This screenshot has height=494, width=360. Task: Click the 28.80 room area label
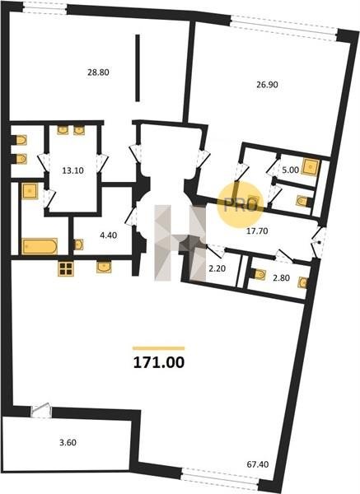click(98, 72)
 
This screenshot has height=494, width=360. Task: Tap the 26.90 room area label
click(267, 85)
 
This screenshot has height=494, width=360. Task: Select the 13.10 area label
click(72, 170)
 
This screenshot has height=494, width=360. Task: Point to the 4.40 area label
click(109, 235)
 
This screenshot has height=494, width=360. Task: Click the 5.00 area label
click(290, 170)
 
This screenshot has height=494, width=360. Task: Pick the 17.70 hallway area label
click(257, 231)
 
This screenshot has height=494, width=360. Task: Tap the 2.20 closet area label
click(217, 268)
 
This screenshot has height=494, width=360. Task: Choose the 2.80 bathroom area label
click(281, 278)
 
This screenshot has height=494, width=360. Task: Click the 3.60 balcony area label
click(68, 442)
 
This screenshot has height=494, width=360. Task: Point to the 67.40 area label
click(258, 464)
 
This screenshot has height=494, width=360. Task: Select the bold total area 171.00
click(159, 362)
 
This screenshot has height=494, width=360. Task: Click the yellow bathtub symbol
click(40, 246)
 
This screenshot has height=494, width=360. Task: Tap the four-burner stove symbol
click(66, 268)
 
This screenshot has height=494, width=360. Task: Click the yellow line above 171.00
click(158, 348)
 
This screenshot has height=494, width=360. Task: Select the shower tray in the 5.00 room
click(311, 166)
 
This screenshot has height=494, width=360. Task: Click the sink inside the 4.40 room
click(78, 245)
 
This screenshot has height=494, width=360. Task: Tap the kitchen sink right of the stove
click(104, 267)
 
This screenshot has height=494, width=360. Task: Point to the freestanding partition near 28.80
click(138, 68)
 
